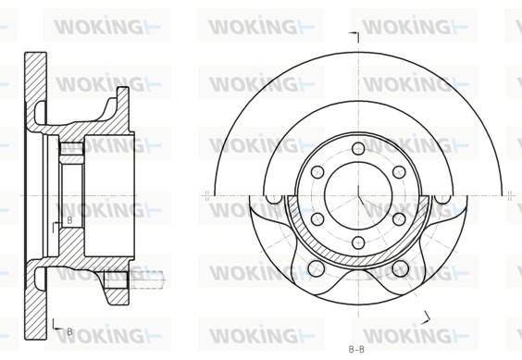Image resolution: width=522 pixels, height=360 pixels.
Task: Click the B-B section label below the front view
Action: tap(356, 350)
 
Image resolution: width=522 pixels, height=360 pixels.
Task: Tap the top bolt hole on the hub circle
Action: tap(358, 148)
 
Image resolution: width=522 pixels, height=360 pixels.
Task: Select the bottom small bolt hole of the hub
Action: tap(358, 242)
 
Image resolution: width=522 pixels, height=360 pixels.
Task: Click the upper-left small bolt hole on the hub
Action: tap(317, 172)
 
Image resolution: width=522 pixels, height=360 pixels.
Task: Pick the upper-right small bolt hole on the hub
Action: tap(399, 172)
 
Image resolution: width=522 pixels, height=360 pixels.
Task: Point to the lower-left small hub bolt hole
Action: tap(317, 218)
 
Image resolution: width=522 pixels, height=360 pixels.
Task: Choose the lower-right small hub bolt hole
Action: tap(399, 218)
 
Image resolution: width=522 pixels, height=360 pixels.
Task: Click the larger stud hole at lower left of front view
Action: tap(317, 268)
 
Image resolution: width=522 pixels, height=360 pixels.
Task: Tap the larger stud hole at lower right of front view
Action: tap(401, 268)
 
